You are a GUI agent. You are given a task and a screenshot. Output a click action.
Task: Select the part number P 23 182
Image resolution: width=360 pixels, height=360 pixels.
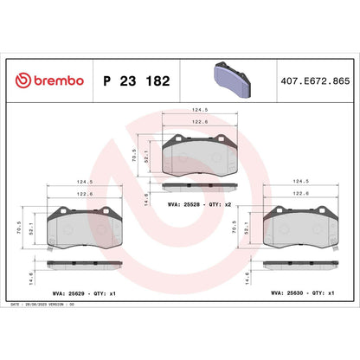[x=137, y=80]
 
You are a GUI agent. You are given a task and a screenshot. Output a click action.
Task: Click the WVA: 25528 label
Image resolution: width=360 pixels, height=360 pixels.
[x=184, y=205]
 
